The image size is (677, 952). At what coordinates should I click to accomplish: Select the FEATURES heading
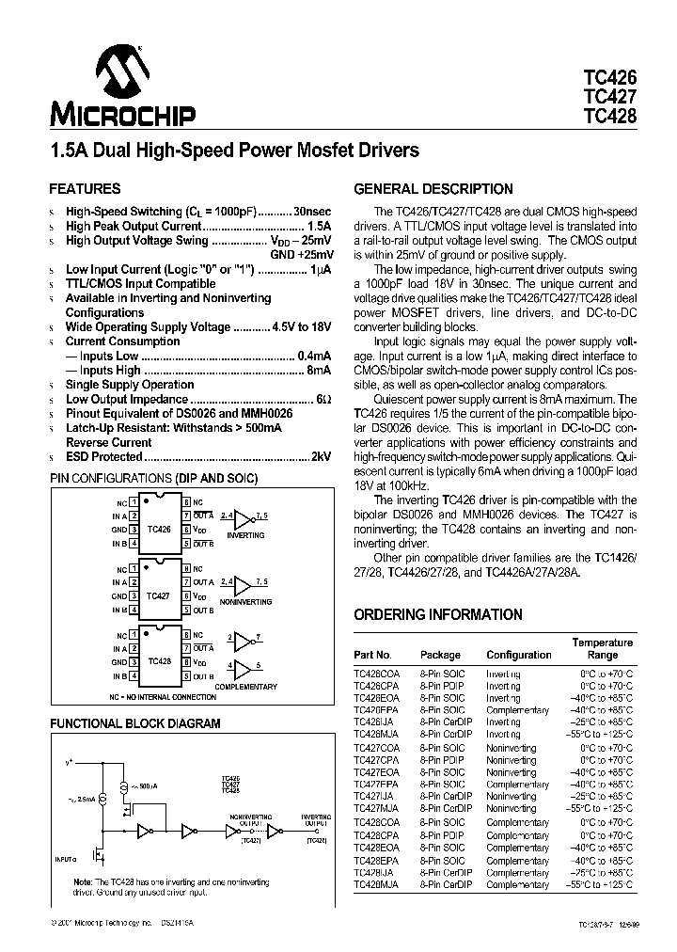(85, 188)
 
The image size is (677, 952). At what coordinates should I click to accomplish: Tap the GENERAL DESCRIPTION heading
(433, 188)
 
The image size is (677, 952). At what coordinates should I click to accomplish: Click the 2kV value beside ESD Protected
(322, 456)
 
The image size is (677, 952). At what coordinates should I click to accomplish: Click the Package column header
(440, 655)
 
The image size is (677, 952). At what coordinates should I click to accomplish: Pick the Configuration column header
(519, 655)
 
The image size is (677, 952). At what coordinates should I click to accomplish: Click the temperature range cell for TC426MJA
(605, 734)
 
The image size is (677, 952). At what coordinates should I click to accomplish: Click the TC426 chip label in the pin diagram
(160, 530)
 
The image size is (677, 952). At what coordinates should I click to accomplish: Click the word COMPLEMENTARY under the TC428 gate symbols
(246, 687)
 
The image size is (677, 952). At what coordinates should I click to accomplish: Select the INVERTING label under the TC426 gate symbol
(245, 534)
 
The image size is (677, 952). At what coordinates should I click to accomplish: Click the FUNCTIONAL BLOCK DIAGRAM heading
(134, 723)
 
